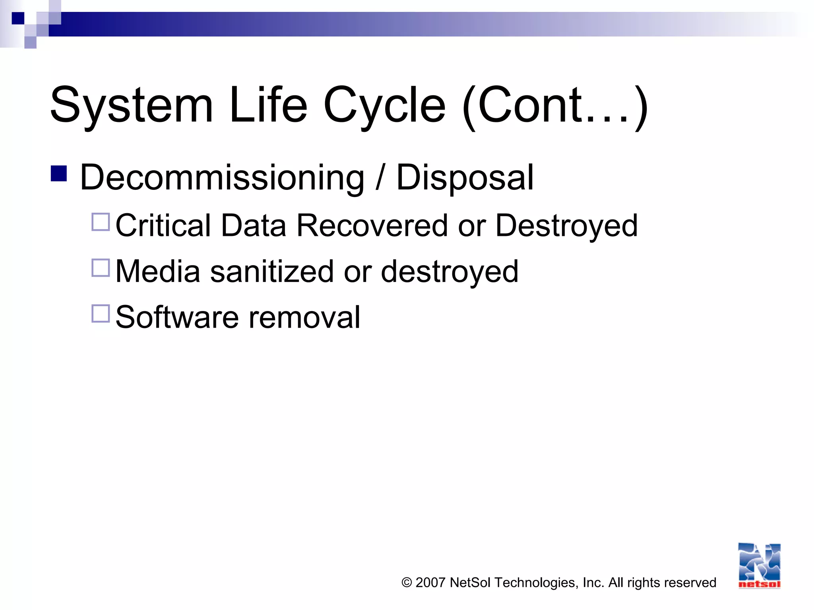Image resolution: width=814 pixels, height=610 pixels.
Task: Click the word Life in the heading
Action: coord(268,105)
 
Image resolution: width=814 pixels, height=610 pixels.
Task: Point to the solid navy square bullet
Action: coord(59,174)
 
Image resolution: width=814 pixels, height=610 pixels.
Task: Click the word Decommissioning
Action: coord(222,178)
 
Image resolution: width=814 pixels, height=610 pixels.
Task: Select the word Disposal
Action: coord(465,178)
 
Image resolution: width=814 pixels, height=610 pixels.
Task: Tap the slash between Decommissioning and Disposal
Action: coord(380,177)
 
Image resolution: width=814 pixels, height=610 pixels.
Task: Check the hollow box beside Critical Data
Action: coord(101,222)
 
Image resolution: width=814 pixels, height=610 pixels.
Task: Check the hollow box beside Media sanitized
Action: coord(101,268)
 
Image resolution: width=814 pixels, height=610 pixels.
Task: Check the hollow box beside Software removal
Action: coord(101,314)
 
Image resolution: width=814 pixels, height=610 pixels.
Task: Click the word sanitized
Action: coord(272,271)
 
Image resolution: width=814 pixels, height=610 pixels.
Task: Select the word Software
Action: coord(177,317)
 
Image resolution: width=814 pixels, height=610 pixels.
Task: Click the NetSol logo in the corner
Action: coord(759,566)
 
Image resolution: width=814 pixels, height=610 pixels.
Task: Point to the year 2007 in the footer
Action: coord(430,583)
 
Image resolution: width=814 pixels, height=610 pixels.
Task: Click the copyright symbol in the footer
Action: coord(406,583)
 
